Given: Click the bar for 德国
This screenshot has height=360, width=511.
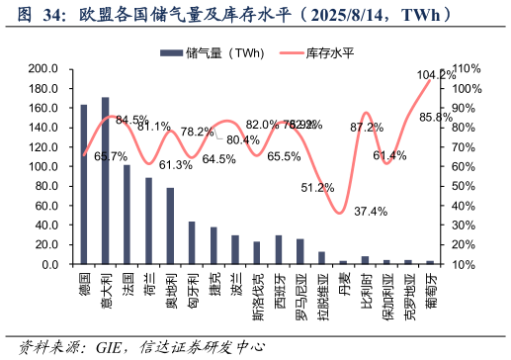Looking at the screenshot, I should [84, 185].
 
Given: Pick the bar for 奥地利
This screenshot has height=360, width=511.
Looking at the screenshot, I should [170, 226].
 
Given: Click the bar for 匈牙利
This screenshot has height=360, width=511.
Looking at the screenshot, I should [192, 243].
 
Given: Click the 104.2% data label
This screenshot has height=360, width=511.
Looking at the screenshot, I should [436, 74].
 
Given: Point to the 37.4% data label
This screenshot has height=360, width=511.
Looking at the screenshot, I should [371, 211].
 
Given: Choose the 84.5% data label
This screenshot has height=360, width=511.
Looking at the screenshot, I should [131, 120].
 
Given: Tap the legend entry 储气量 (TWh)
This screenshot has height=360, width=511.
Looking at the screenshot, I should [217, 52].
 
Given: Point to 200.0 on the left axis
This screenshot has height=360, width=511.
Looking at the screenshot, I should [43, 69].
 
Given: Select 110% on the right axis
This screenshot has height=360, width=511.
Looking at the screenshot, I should [467, 69].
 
